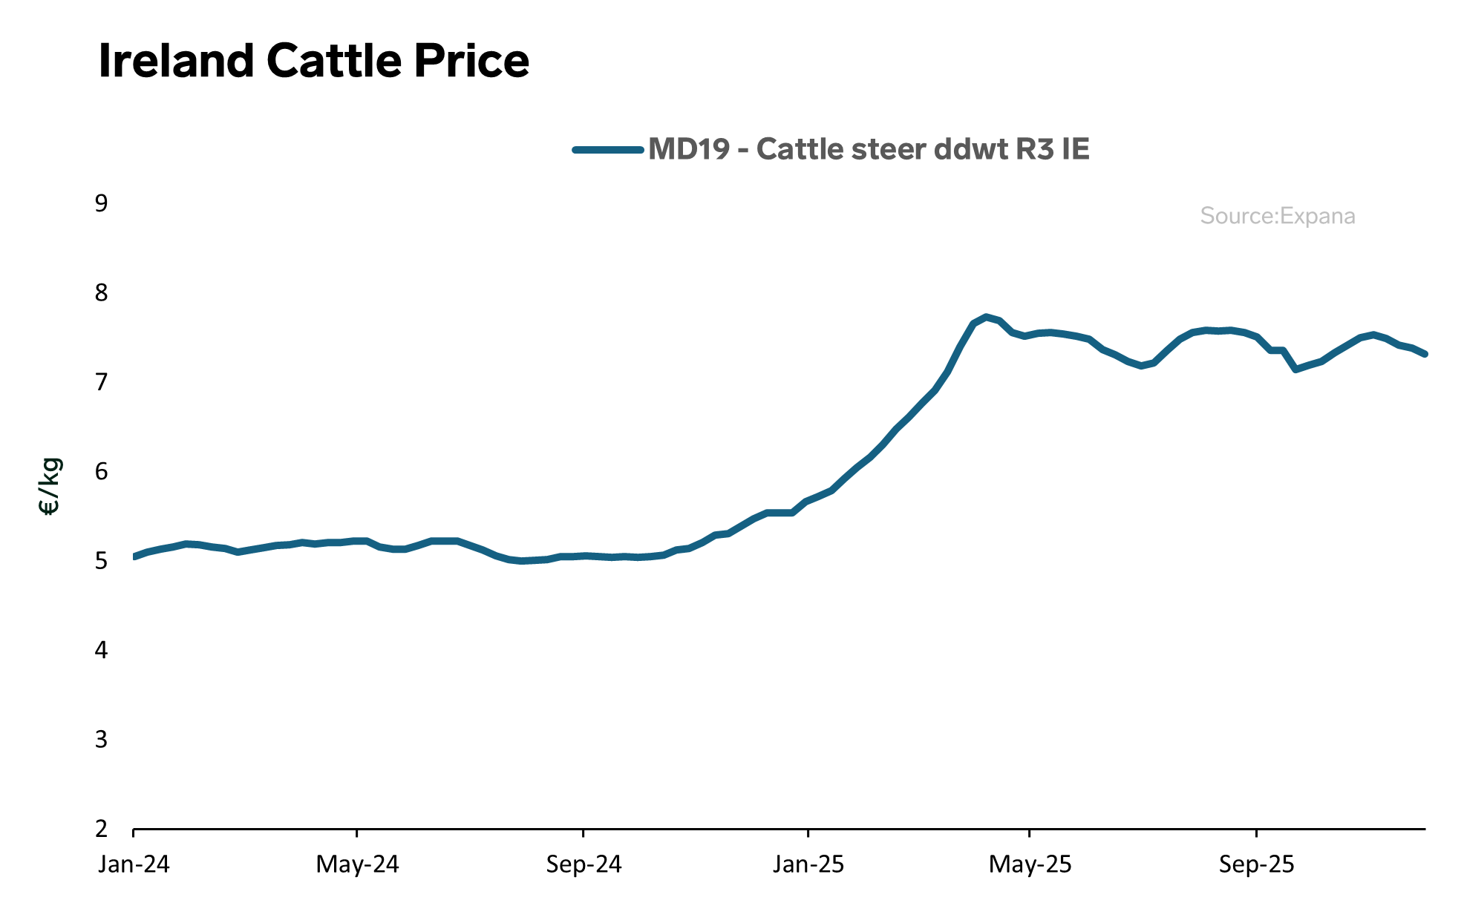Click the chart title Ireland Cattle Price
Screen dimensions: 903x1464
313,61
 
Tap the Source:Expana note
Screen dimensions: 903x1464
1277,216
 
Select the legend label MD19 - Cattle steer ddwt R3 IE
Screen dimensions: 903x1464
869,149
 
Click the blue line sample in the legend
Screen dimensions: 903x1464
608,149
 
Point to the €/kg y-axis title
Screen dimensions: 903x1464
50,487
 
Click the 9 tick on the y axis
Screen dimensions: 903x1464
101,203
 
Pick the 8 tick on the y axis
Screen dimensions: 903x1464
101,293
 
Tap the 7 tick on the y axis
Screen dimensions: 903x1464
101,382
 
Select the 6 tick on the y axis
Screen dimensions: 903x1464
101,471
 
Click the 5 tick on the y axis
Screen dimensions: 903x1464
101,561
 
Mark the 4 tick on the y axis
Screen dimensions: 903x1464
101,650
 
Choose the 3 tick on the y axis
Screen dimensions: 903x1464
101,739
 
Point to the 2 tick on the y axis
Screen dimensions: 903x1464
101,829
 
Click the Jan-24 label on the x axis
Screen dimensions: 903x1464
134,864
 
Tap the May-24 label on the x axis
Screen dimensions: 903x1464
357,864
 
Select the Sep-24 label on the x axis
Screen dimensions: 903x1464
584,864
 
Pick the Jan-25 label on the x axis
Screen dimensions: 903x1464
808,864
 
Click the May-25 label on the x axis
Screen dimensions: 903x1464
1030,864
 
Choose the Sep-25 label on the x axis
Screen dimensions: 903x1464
1256,864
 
